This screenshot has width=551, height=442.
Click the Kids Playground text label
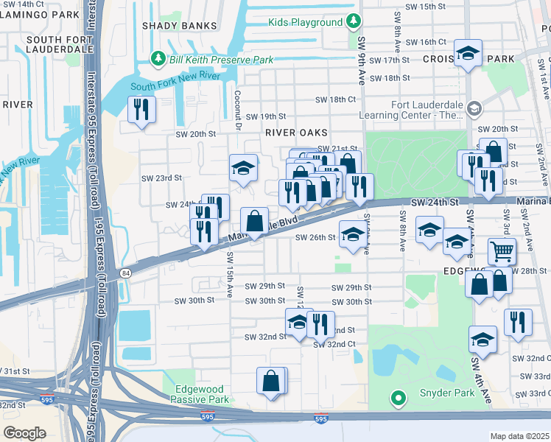pos(306,22)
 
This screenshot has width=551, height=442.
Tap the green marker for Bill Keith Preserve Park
pos(156,58)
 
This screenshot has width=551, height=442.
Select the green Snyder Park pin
pos(399,399)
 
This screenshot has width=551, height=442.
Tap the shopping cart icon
pos(502,250)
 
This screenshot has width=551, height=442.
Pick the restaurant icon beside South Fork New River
pos(139,110)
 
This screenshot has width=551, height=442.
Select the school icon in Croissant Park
pos(468,53)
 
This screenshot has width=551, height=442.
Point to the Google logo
pos(24,432)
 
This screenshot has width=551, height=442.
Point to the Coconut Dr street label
pos(238,110)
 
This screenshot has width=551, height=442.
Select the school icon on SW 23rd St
pos(243,168)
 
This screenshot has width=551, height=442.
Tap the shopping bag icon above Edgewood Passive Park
pos(270,381)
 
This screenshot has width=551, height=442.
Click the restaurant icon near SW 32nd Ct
pos(320,322)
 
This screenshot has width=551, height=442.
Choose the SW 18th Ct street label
pos(335,99)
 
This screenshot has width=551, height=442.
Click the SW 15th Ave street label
pos(230,274)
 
